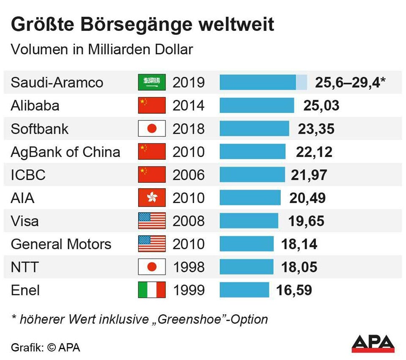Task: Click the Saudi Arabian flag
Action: point(152,82)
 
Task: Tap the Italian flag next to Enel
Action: point(152,290)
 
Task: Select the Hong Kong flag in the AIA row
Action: point(152,198)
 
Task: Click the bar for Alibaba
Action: point(257,105)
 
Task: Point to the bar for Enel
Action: point(244,290)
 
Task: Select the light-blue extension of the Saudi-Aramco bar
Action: point(301,82)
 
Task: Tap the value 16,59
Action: point(294,290)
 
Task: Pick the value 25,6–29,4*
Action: point(350,82)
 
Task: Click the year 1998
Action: point(189,267)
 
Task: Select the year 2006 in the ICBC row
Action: point(189,175)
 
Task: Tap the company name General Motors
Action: point(61,244)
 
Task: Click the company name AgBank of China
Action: point(65,151)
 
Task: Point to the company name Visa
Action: point(25,221)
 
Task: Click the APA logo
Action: point(373,344)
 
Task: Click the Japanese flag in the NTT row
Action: point(152,267)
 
